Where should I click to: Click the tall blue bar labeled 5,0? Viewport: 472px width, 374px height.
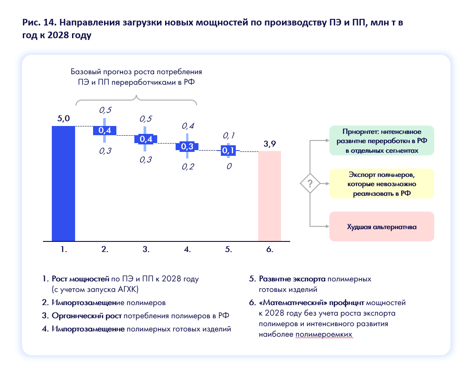tap(63, 183)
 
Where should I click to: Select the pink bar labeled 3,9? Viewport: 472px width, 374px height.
tap(269, 196)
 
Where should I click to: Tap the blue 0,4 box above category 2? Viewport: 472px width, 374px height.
tap(104, 130)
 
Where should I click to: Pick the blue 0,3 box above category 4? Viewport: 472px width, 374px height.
tap(187, 147)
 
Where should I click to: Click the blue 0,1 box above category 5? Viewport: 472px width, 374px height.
tap(228, 151)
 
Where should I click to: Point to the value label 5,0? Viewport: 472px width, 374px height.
tap(63, 119)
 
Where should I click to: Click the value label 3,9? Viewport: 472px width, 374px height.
tap(269, 144)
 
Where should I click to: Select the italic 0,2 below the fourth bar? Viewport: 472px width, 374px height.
tap(187, 167)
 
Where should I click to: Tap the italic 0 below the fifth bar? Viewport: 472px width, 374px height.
tap(228, 167)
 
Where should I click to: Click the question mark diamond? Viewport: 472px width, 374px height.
tap(310, 183)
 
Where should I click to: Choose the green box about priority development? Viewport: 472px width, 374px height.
tap(382, 140)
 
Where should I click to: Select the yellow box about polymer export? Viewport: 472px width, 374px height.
tap(382, 183)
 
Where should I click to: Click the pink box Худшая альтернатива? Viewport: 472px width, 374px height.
tap(382, 227)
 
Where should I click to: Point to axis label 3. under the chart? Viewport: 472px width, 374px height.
tap(146, 249)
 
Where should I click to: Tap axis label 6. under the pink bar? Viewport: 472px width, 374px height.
tap(269, 249)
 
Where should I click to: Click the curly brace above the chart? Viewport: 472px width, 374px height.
tap(137, 102)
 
